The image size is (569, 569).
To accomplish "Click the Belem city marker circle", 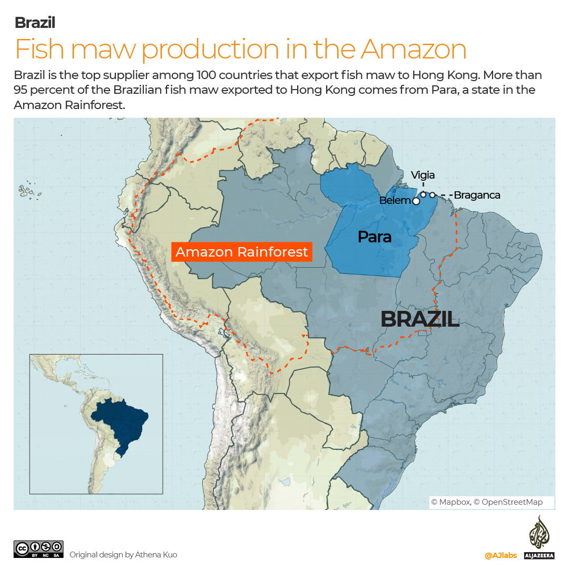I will pos(416,201).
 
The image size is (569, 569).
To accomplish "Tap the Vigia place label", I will pos(423,175).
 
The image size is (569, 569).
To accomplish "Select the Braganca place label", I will pos(477,195).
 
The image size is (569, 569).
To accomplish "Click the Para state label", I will pos(374,237).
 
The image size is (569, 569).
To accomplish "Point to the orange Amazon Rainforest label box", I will pos(241,252).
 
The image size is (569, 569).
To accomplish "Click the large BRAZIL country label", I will pos(419,319).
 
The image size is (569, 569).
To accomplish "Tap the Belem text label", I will pos(395,201).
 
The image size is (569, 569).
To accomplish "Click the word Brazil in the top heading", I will pos(35,23).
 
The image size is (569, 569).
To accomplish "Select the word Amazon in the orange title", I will pos(414,49).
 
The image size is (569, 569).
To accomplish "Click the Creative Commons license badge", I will pos(39,548).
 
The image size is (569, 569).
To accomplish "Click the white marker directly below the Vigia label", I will pos(423,194).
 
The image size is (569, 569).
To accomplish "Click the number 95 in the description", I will pos(22,90).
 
